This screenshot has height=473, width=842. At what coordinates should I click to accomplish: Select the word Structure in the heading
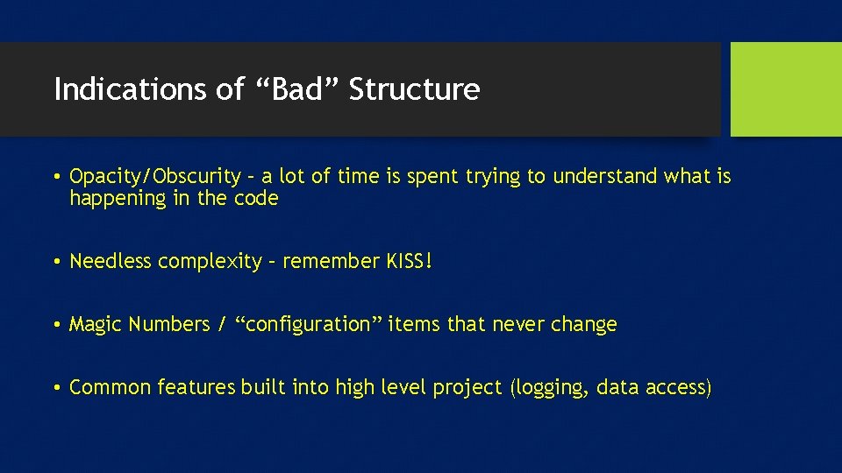click(414, 89)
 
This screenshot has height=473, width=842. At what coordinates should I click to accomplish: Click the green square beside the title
click(786, 89)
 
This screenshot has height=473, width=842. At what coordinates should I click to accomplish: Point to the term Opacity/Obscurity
click(154, 177)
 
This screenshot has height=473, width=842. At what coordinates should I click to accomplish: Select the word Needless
click(111, 261)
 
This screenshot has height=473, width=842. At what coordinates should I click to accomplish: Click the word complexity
click(210, 261)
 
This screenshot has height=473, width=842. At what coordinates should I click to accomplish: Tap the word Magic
click(96, 324)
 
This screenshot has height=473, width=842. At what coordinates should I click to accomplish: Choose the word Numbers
click(168, 324)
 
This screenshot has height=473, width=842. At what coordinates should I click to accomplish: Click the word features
click(192, 387)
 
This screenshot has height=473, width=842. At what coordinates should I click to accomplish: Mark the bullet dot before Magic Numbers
click(56, 325)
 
